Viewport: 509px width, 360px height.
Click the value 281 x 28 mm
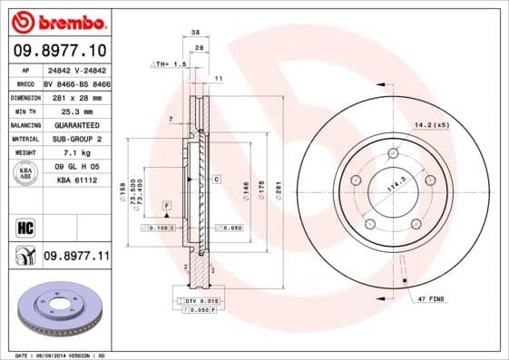click(76, 96)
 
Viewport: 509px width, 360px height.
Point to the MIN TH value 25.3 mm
click(76, 110)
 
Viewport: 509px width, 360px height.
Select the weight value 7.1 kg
click(76, 152)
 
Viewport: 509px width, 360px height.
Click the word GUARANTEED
click(76, 124)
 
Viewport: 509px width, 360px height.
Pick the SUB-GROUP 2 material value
click(76, 138)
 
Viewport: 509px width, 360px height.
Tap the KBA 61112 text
click(76, 180)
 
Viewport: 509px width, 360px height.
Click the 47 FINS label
click(432, 297)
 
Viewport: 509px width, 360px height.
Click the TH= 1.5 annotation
click(167, 65)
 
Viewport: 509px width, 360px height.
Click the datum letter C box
click(217, 180)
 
